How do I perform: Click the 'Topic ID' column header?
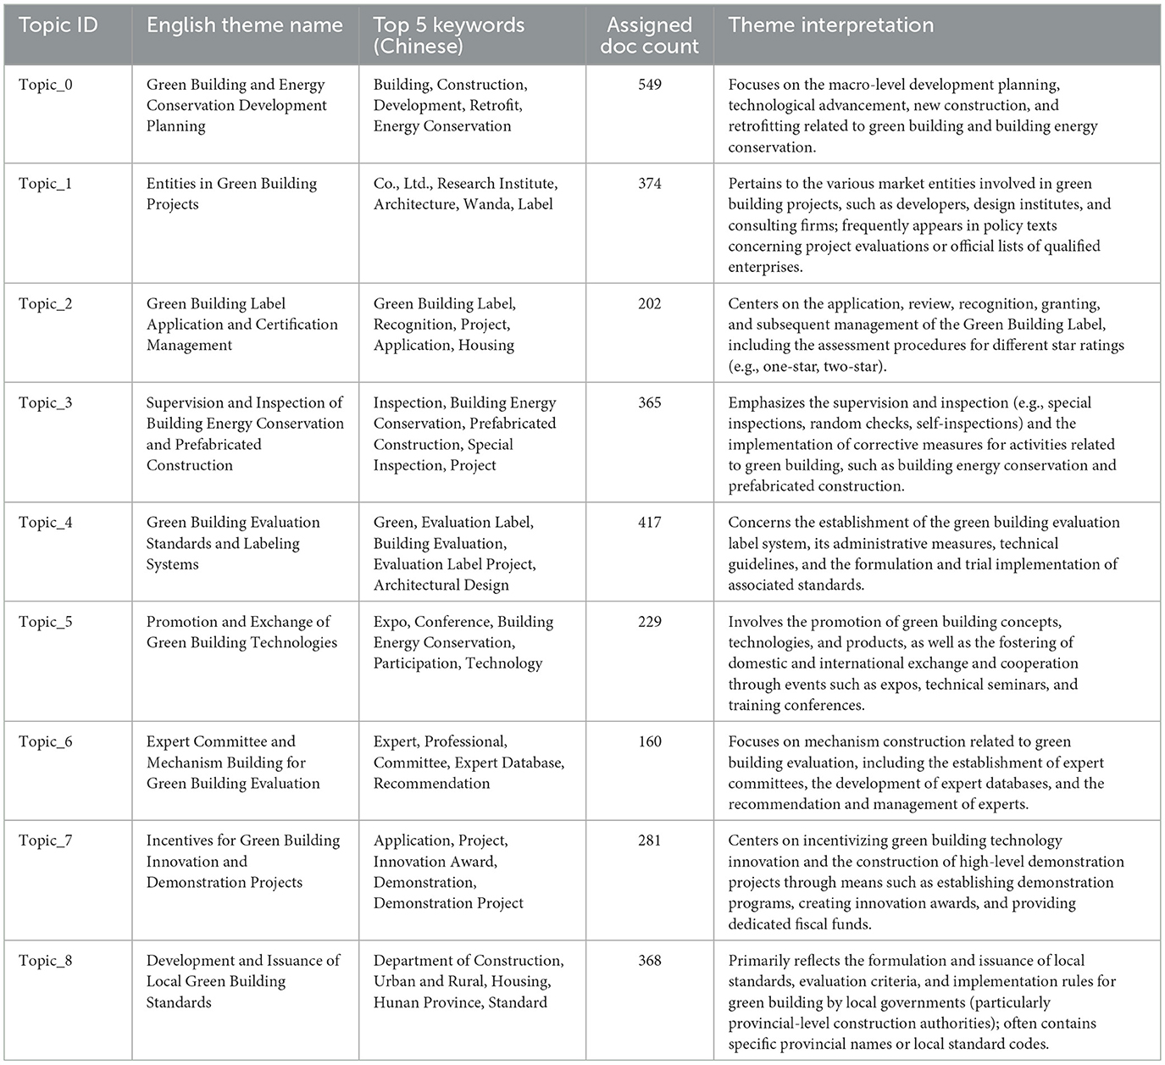coord(58,25)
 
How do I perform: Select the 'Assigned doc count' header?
coord(650,36)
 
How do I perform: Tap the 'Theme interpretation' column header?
coord(830,25)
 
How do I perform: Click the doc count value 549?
coord(650,85)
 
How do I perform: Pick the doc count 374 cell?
coord(650,184)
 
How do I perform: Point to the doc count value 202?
coord(650,304)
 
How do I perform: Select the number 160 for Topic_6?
coord(650,742)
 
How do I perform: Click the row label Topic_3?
coord(46,403)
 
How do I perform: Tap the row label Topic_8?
coord(46,961)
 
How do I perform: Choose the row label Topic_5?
coord(46,622)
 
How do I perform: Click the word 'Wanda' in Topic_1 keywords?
coord(485,204)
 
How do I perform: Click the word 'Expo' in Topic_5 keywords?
coord(391,622)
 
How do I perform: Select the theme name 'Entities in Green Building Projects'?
coord(231,194)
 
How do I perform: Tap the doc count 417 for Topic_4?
coord(650,523)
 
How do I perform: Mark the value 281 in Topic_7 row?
coord(650,841)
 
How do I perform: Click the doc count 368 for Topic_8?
coord(650,961)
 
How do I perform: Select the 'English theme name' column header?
coord(244,25)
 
